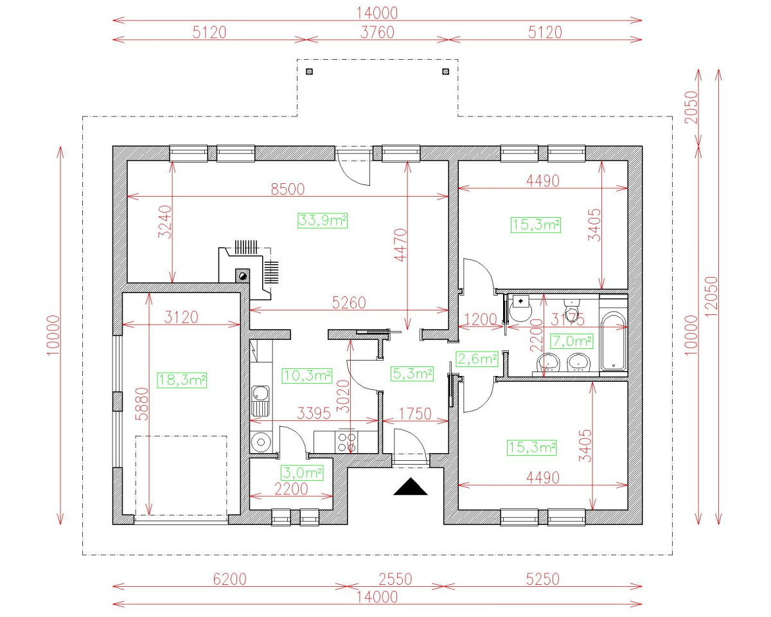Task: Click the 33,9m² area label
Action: point(323,221)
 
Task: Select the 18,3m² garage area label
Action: point(182,380)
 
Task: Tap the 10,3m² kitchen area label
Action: point(307,374)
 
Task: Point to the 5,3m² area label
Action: point(412,373)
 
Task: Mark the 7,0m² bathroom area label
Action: point(571,340)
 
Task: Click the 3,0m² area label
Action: point(302,473)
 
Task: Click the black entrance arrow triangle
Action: point(411,488)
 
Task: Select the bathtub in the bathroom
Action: point(613,341)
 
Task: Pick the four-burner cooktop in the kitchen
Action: point(347,442)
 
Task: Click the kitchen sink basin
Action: point(260,393)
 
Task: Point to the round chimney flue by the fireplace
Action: point(243,276)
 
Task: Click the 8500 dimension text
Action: point(287,189)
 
